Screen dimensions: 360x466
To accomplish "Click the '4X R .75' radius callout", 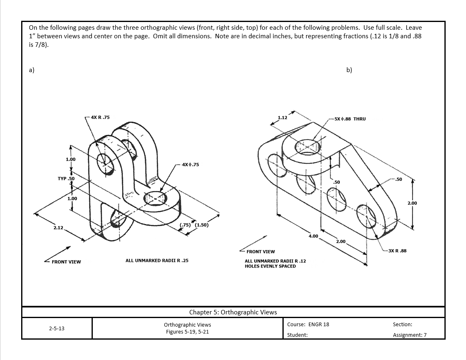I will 100,117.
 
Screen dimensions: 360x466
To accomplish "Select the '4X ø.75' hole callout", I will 190,165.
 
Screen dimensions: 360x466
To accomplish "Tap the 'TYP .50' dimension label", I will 66,179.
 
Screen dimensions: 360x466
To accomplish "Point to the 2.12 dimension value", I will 58,228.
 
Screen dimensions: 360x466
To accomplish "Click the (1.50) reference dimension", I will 202,225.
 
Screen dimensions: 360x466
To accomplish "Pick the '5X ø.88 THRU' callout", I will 350,119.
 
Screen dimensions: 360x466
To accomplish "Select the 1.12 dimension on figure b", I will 282,118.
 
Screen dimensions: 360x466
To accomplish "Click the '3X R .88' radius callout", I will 397,251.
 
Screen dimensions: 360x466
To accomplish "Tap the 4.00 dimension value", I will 313,236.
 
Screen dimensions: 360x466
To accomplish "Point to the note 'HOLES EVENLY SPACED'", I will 270,266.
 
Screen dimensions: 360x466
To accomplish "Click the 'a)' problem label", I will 32,70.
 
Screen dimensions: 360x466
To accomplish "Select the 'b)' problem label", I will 349,70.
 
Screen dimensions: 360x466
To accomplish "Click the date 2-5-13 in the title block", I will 57,328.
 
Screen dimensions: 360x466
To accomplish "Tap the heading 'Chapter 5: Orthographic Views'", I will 233,312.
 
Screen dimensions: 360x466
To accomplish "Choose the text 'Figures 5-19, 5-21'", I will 187,332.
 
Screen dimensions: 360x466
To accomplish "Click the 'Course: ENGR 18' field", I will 308,325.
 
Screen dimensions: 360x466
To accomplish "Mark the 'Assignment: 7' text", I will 409,335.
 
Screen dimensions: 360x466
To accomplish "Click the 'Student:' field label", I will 297,335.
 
